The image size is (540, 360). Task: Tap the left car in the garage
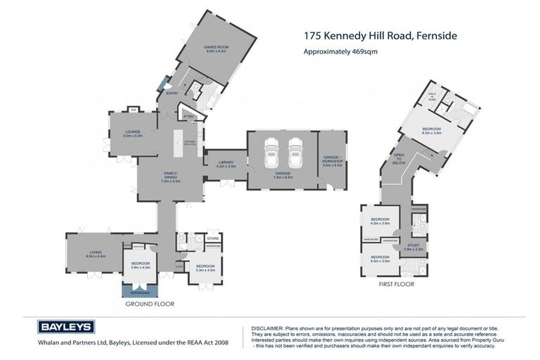271,151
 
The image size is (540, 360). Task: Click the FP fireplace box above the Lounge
134,110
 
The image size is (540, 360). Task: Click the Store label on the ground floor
213,238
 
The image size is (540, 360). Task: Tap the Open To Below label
399,158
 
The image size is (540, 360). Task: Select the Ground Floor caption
150,304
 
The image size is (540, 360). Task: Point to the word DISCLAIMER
266,328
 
